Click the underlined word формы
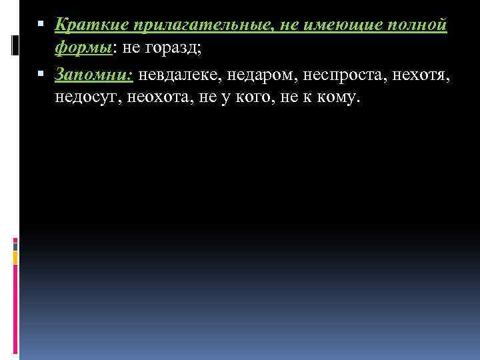coord(81,50)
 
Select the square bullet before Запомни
coord(42,75)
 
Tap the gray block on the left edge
coord(15,245)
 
